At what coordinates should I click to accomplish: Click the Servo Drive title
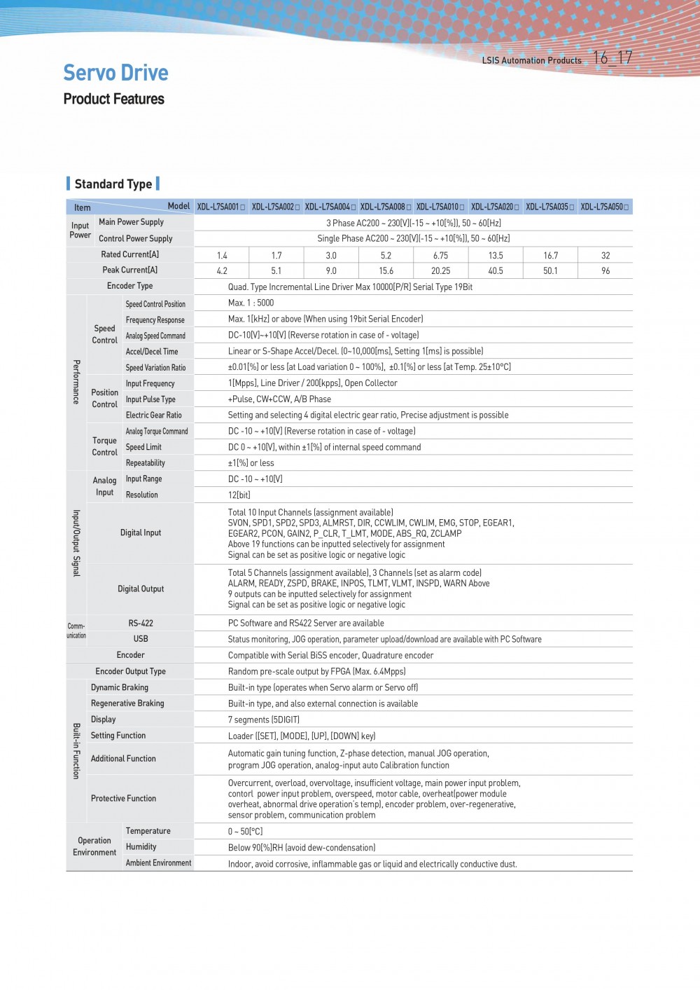click(115, 73)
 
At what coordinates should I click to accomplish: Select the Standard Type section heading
click(113, 184)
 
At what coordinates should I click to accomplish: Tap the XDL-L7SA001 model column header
click(221, 207)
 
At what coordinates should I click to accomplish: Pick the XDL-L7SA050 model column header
click(605, 207)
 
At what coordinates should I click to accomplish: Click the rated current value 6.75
click(440, 256)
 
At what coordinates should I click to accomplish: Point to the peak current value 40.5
click(496, 271)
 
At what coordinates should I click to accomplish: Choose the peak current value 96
click(605, 271)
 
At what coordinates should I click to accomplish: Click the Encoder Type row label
click(129, 286)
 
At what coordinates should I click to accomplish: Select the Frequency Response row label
click(155, 320)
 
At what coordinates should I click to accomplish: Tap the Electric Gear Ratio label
click(153, 415)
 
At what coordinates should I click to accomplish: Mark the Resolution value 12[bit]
click(239, 495)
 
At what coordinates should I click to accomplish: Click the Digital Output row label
click(141, 589)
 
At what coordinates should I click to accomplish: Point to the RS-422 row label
click(141, 623)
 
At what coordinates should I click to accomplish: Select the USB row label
click(141, 639)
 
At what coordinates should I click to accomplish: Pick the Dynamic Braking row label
click(120, 688)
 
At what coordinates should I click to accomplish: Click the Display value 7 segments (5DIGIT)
click(263, 720)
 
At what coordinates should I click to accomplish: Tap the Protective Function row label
click(123, 799)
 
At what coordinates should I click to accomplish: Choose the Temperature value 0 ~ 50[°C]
click(245, 832)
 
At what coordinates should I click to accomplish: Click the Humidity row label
click(141, 847)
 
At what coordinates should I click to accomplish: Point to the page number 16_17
click(612, 58)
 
